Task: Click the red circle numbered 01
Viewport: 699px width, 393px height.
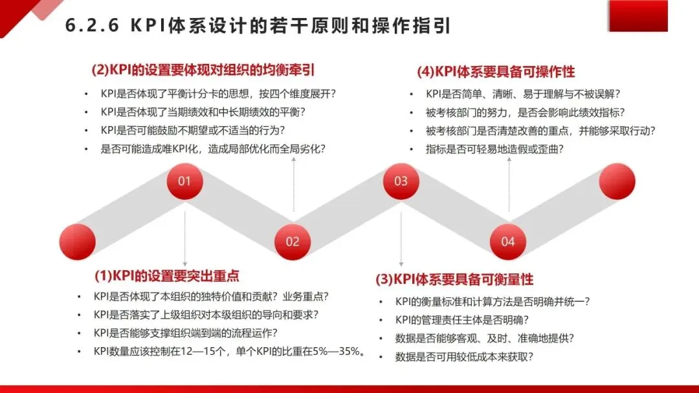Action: (184, 181)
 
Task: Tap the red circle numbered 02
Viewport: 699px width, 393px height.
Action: (293, 241)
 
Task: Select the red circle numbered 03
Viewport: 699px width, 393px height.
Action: (401, 181)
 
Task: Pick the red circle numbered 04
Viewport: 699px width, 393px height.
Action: (507, 241)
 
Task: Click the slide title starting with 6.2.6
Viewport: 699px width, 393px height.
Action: (258, 26)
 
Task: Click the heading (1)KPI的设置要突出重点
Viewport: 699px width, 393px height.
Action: (167, 276)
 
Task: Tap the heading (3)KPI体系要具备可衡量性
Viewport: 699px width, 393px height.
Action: (454, 279)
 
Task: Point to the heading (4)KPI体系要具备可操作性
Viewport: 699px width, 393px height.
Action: (496, 71)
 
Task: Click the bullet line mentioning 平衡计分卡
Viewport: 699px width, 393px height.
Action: (218, 93)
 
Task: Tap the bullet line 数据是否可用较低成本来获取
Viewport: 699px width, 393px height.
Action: (468, 356)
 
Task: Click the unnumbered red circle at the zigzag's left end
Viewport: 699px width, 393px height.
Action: (76, 242)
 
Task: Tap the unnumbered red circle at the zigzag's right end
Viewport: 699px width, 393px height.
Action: (617, 181)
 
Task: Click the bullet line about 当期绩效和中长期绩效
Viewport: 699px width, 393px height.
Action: (203, 112)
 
